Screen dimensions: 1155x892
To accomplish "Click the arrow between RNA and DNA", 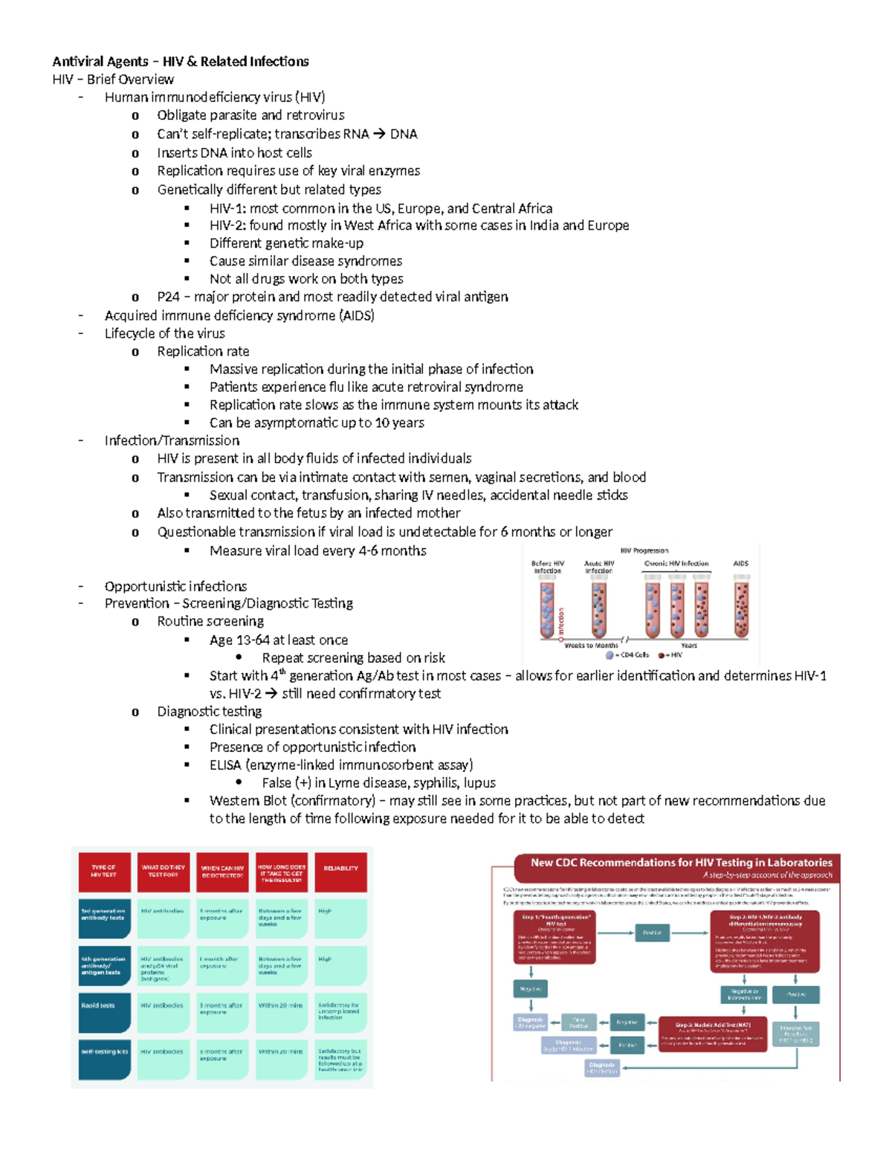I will (x=379, y=135).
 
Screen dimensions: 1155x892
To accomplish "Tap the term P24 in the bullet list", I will (x=168, y=297).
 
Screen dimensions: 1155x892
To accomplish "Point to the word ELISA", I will (x=225, y=765).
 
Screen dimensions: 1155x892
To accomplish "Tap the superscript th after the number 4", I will (x=282, y=672).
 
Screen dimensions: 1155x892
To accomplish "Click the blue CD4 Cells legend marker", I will (x=610, y=655).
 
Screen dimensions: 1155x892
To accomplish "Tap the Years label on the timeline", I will (x=689, y=646).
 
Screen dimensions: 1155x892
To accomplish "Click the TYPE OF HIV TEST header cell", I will (x=104, y=871).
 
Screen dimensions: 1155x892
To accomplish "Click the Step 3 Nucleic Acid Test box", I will (x=711, y=1035).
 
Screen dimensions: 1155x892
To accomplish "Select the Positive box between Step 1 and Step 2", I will (x=652, y=933).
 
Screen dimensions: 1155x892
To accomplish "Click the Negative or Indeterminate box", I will (x=743, y=994).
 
